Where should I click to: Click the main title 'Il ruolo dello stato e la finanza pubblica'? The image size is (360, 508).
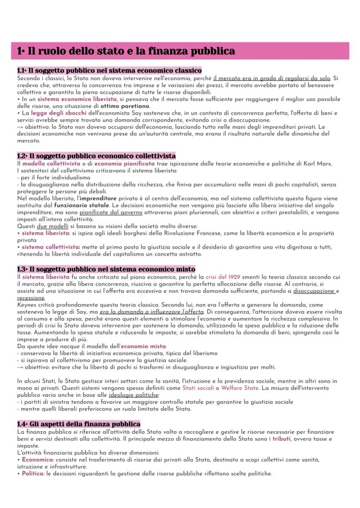click(126, 51)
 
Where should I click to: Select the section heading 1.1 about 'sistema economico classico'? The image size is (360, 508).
click(109, 70)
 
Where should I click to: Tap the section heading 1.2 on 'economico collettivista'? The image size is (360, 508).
click(96, 156)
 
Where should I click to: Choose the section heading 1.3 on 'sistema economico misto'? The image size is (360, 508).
click(106, 269)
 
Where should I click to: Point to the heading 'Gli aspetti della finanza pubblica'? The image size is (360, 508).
click(79, 424)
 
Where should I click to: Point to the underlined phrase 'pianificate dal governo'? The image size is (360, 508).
click(111, 212)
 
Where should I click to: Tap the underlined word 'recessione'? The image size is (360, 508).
click(31, 298)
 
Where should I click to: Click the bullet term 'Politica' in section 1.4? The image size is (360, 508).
click(32, 474)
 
